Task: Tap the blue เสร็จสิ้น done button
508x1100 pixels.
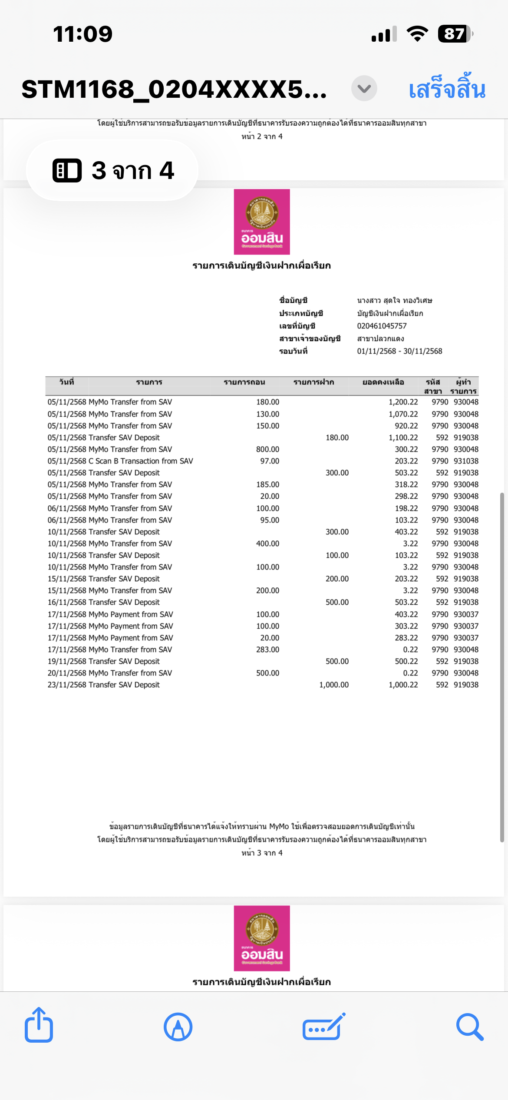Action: [x=447, y=89]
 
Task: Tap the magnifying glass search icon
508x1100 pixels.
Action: [x=469, y=1027]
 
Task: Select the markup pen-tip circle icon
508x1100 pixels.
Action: [x=178, y=1027]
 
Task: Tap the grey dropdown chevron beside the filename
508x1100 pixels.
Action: [x=364, y=89]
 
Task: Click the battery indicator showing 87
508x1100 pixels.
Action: [x=455, y=34]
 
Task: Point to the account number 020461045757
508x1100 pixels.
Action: [x=382, y=326]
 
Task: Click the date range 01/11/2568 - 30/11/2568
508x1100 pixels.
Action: [x=399, y=351]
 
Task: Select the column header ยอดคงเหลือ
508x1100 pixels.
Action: [x=383, y=382]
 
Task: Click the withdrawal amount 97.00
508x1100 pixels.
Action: [x=270, y=461]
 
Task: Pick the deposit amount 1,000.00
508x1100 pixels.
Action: [x=334, y=685]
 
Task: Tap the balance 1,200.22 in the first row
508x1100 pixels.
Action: [x=403, y=402]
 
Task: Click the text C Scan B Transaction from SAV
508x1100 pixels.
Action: [x=141, y=461]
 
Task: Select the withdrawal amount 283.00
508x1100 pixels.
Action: [x=267, y=649]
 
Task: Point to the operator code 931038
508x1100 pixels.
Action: [x=466, y=461]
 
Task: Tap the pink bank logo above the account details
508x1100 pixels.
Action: [x=262, y=222]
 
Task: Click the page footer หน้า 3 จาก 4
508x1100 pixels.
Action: [x=262, y=853]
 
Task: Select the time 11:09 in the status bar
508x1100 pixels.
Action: [x=82, y=34]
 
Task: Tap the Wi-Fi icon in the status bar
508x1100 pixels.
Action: [x=417, y=33]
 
